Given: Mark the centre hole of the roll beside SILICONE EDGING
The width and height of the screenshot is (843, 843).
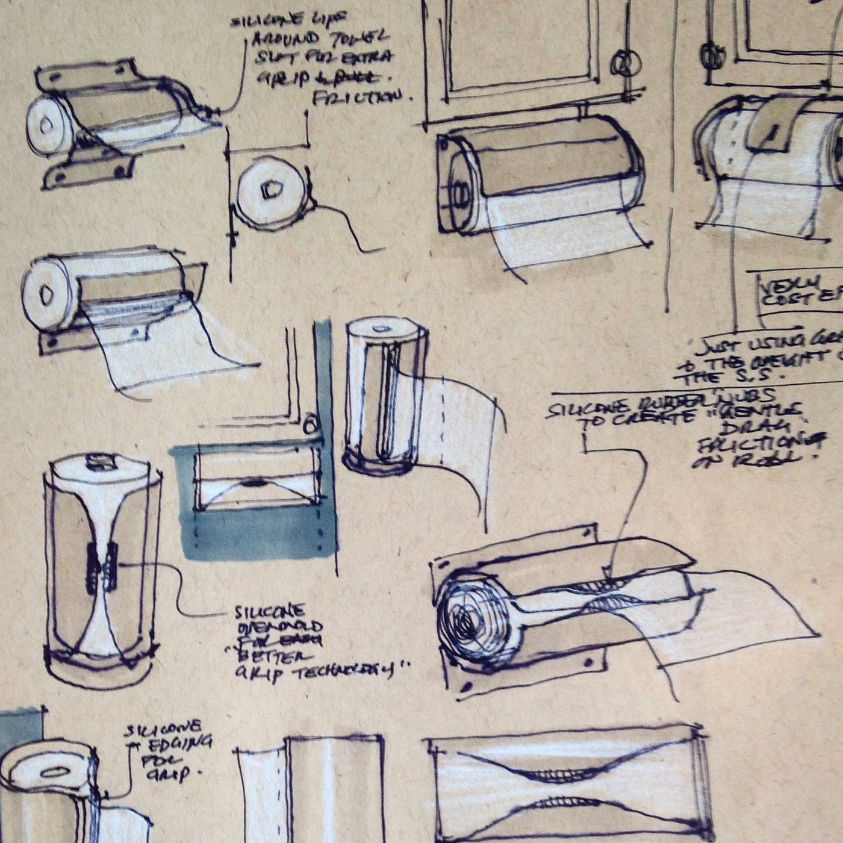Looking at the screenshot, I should point(53,773).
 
